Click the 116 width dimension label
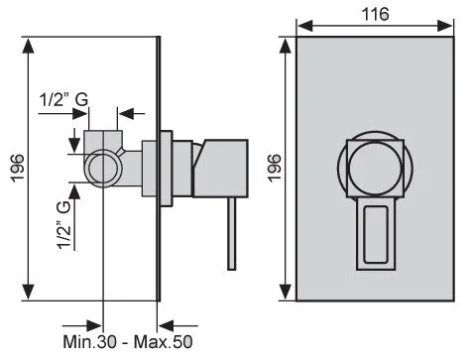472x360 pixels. (x=375, y=14)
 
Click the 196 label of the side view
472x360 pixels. (x=18, y=168)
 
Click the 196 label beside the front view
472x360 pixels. (x=275, y=168)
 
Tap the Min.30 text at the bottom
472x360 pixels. (x=89, y=341)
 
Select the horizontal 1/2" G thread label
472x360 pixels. (x=63, y=99)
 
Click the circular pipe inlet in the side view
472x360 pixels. (x=103, y=168)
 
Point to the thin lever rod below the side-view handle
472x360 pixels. (x=232, y=234)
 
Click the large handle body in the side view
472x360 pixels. (x=221, y=169)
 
